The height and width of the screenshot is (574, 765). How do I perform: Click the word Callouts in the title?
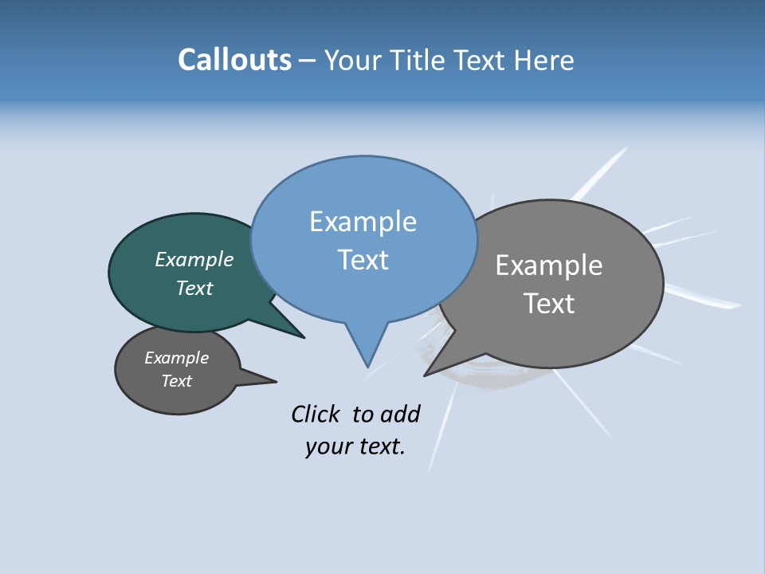[x=234, y=60]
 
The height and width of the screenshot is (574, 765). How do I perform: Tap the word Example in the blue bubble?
[x=363, y=222]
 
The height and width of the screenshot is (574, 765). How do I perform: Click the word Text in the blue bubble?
[x=363, y=260]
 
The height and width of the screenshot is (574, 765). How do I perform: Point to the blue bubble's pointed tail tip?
[x=367, y=366]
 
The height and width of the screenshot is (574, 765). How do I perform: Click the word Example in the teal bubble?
[x=194, y=260]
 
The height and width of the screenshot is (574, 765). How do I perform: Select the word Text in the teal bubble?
[x=194, y=288]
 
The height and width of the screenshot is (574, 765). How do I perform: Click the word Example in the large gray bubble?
[x=549, y=265]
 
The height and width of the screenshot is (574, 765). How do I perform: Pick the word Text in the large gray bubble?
[x=549, y=304]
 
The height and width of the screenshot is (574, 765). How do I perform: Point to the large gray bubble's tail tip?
[x=426, y=375]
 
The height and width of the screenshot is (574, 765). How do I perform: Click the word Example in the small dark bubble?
[x=177, y=358]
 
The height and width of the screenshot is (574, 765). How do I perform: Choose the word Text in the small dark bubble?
[x=177, y=381]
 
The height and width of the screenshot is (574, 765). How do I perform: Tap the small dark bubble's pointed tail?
[x=273, y=381]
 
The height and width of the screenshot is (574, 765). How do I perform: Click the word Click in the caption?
[x=315, y=414]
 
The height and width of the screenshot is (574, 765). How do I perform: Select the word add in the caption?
[x=400, y=414]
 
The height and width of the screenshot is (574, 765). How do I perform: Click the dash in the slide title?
[x=308, y=60]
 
